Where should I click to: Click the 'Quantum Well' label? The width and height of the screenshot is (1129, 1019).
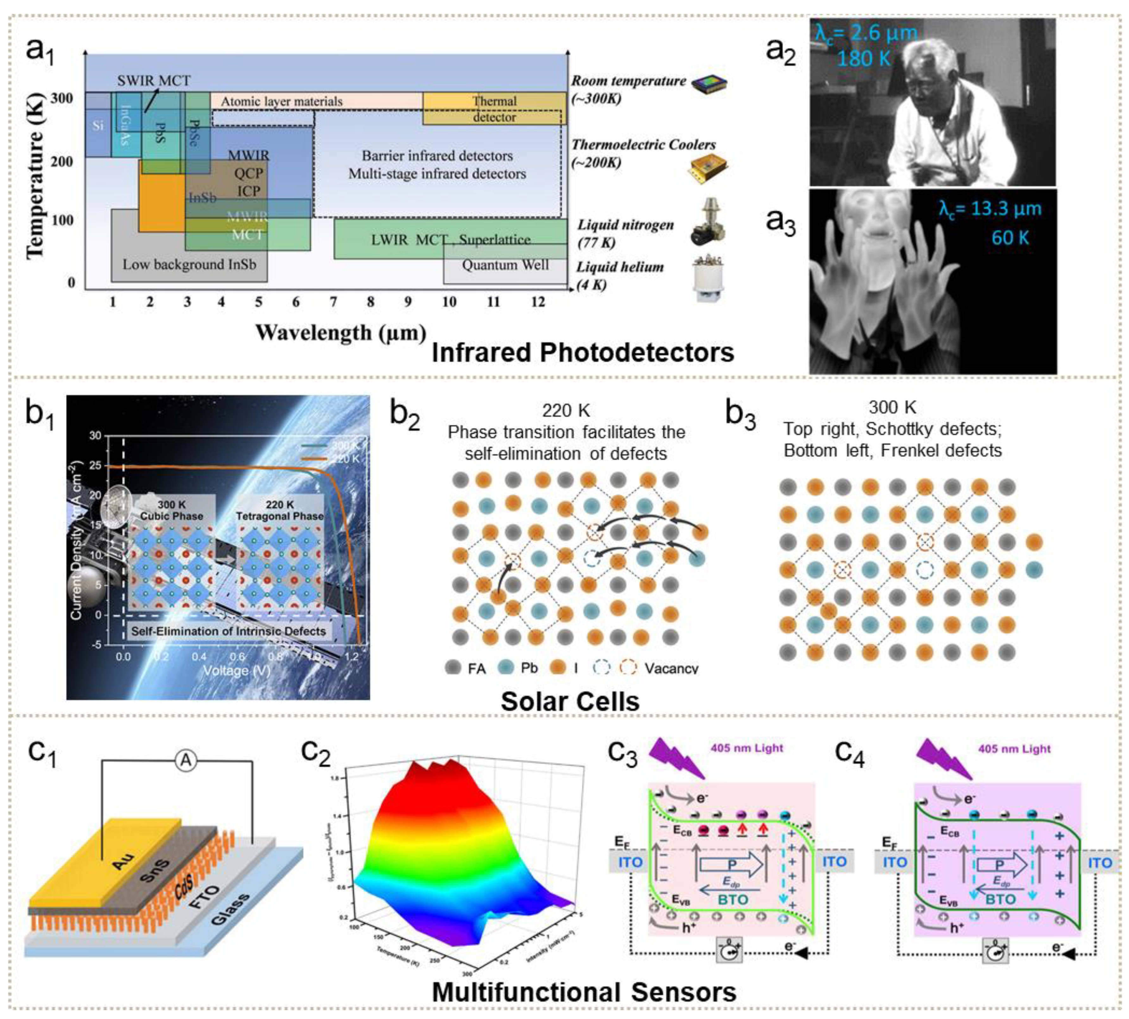tap(505, 265)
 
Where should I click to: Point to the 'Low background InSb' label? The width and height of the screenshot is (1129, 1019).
tap(189, 264)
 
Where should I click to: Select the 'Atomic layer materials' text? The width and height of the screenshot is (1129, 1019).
tap(281, 101)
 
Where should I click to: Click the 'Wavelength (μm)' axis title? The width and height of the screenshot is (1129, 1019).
tap(340, 332)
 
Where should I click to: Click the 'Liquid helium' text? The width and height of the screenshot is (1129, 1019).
tap(620, 267)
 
